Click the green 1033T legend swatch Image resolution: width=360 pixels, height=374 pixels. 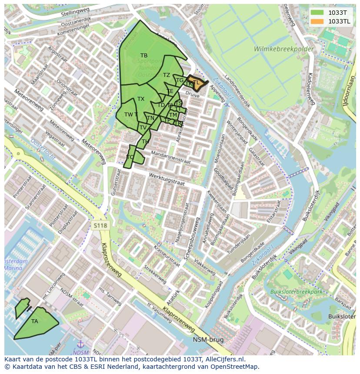tap(317, 13)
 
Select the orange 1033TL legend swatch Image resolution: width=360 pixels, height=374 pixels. tap(317, 21)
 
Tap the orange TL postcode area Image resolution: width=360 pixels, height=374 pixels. tap(196, 83)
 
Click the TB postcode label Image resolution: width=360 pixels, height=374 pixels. tap(144, 56)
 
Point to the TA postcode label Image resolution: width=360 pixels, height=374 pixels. tap(35, 321)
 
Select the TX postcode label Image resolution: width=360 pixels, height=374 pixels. tap(141, 99)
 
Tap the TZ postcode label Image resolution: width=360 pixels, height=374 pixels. tap(167, 75)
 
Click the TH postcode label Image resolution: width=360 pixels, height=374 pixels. tap(145, 142)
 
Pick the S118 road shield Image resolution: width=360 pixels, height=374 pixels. tap(100, 225)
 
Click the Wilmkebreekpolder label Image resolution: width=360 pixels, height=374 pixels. tap(284, 49)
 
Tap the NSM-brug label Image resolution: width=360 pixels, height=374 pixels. tap(208, 340)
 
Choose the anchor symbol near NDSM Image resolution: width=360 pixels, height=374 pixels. tap(80, 344)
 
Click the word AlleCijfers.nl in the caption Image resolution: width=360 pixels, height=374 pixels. tap(224, 359)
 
